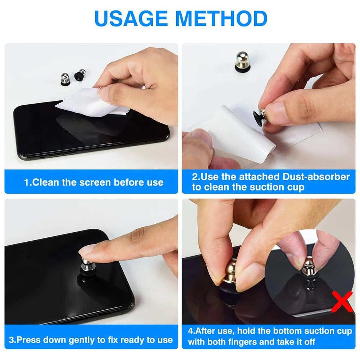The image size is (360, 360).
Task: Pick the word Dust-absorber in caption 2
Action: click(x=316, y=177)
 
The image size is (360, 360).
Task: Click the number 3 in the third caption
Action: click(x=11, y=340)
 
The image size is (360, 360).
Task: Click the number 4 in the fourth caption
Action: click(x=190, y=331)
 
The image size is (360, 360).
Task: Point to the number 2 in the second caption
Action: click(x=195, y=177)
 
